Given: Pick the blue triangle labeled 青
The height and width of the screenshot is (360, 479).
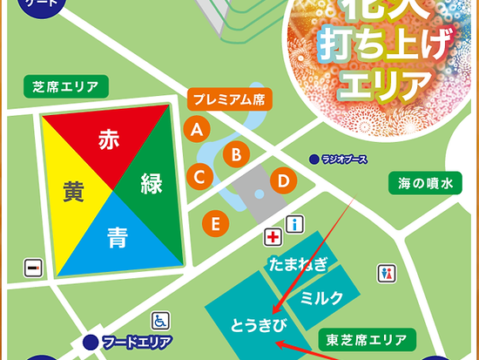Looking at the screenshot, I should (x=111, y=234).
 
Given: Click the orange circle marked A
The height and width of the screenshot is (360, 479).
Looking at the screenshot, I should (x=198, y=130).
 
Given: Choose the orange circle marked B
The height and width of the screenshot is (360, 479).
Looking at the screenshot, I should (x=235, y=155).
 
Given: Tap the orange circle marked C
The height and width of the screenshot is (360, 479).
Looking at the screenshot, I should (x=199, y=178).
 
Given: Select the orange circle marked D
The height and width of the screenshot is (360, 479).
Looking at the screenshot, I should (x=283, y=181).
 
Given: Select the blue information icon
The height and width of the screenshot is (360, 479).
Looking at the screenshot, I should (x=294, y=224).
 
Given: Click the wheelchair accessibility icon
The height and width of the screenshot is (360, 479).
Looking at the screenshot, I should (x=160, y=321).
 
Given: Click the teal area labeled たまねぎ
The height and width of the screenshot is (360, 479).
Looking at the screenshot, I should (x=299, y=263).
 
